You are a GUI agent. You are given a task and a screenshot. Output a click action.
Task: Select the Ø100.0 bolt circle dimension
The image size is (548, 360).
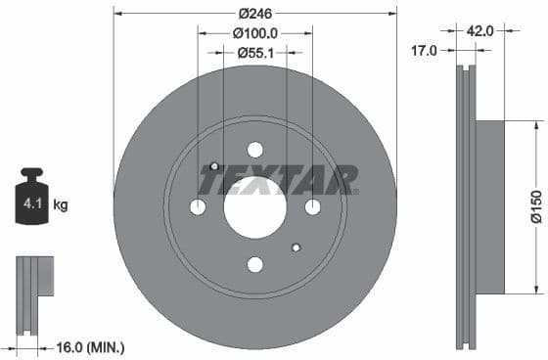255,33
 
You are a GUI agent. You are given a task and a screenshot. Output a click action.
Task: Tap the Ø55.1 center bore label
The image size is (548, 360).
255,54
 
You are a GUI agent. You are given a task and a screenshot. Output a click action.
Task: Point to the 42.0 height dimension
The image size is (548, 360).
479,30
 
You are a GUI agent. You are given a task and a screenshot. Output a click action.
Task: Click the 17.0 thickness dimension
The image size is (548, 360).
425,52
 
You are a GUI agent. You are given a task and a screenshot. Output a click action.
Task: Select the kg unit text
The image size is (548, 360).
61,205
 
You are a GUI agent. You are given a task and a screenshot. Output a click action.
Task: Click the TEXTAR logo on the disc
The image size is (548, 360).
278,180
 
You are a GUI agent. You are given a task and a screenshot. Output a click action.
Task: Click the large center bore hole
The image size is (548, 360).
254,206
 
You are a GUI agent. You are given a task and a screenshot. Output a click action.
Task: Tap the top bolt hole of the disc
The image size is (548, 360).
255,150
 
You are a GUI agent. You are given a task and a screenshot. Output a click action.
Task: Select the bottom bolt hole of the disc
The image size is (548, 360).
255,264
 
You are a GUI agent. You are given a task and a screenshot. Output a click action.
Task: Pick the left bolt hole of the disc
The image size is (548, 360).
198,207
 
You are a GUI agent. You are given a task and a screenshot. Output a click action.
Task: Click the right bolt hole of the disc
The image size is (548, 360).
312,207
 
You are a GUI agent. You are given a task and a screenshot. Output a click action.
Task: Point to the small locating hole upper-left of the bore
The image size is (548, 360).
214,166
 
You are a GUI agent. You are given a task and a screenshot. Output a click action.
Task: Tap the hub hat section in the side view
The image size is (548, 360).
488,206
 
